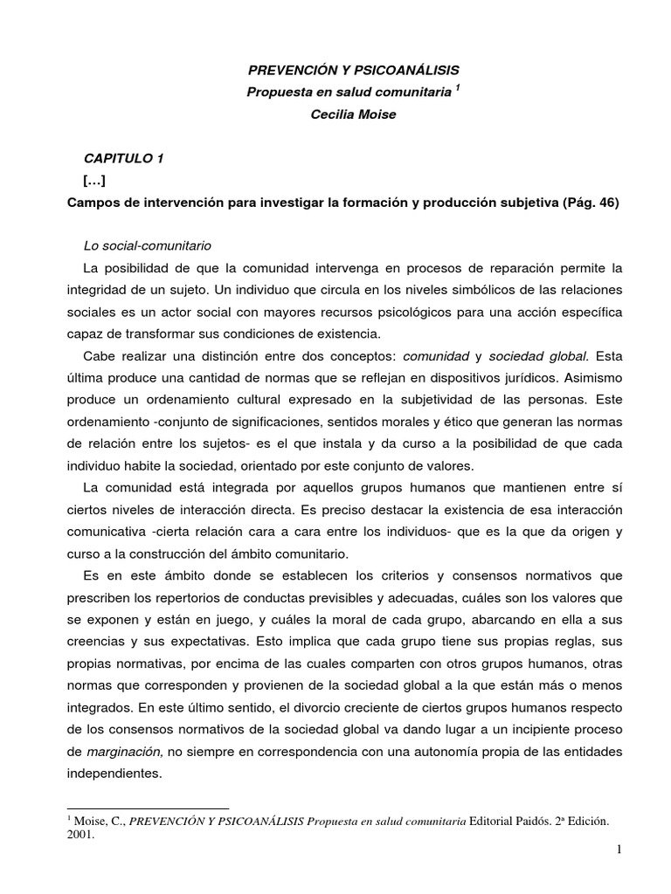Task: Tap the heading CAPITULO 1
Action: pyautogui.click(x=123, y=158)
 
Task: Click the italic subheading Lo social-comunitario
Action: pyautogui.click(x=147, y=244)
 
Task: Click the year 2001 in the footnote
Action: pyautogui.click(x=80, y=833)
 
